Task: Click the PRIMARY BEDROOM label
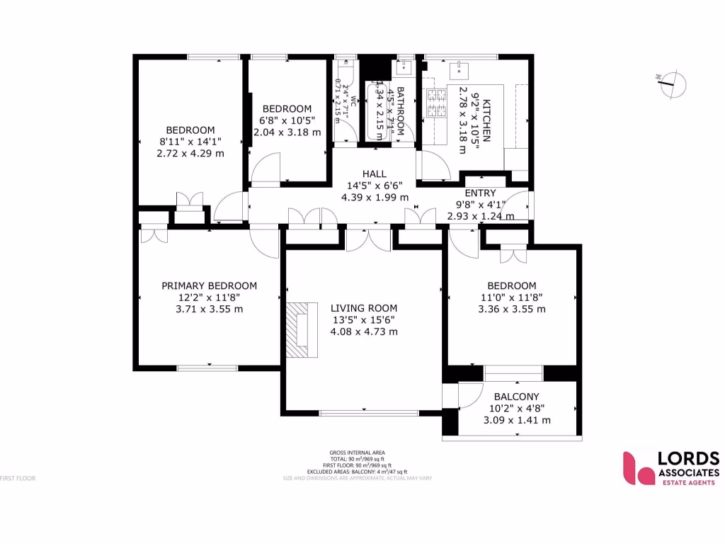point(209,285)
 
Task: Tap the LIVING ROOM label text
point(364,308)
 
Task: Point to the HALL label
point(375,174)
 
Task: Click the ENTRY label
point(480,193)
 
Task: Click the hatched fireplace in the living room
point(298,329)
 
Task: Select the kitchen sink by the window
point(460,69)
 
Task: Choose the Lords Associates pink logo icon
point(636,468)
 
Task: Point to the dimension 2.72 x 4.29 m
point(190,153)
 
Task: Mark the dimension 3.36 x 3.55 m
point(511,309)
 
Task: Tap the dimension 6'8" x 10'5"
point(287,120)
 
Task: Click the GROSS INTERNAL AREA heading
point(357,453)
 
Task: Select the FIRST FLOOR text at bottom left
point(18,478)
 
